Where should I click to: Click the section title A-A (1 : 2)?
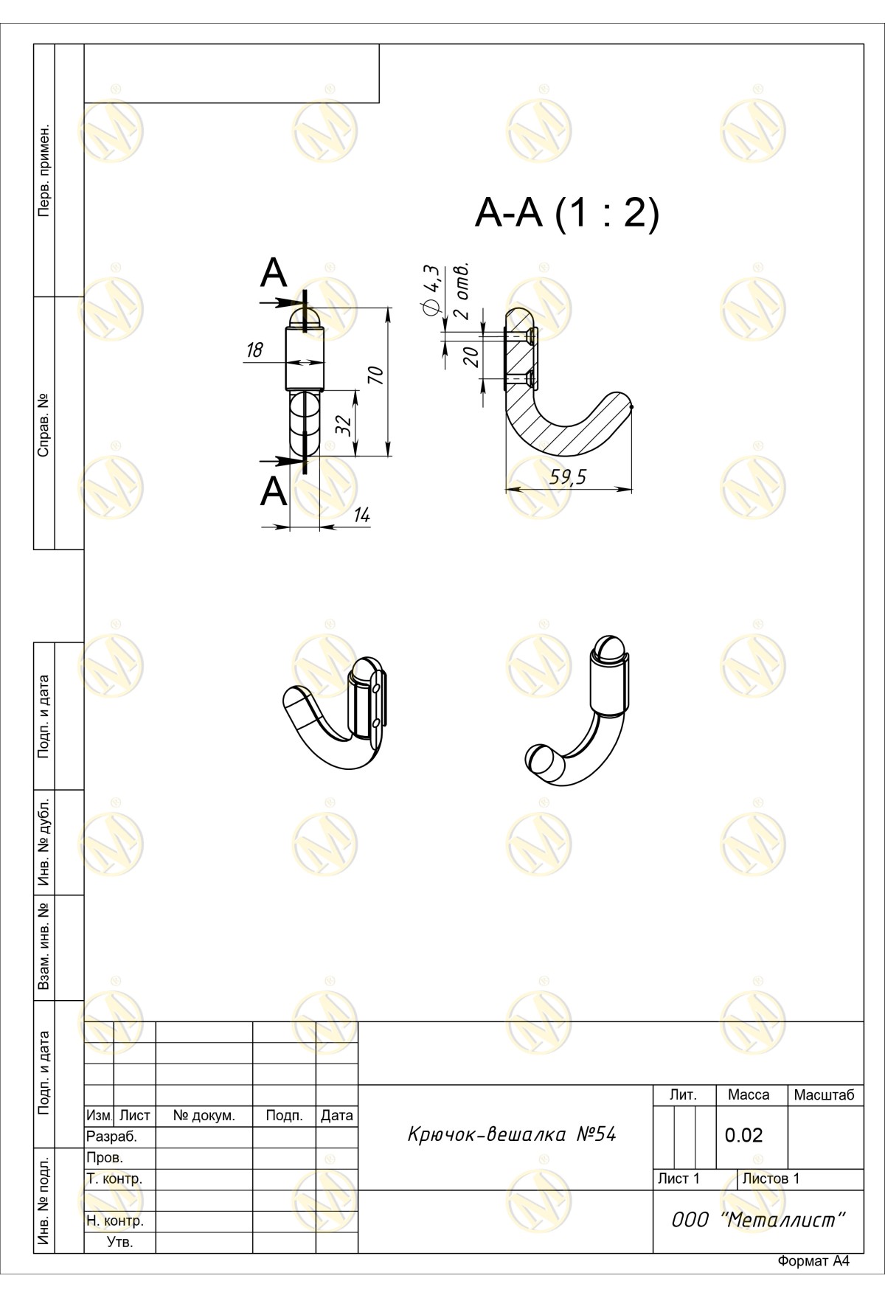(566, 214)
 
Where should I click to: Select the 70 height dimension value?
(376, 375)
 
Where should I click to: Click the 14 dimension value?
(361, 516)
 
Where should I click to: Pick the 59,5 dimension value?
(568, 477)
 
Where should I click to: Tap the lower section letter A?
(274, 491)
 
